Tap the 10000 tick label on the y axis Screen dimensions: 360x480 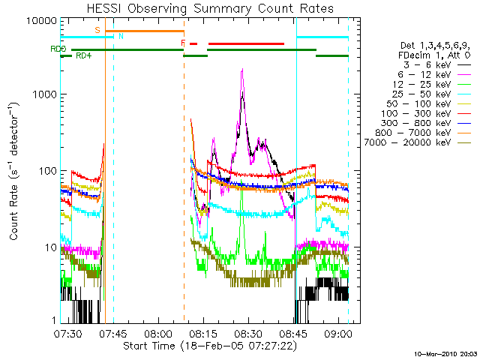click(x=41, y=19)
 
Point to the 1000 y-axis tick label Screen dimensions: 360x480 click(x=44, y=95)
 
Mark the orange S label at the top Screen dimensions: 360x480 click(x=97, y=30)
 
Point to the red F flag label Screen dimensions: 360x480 click(x=183, y=43)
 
